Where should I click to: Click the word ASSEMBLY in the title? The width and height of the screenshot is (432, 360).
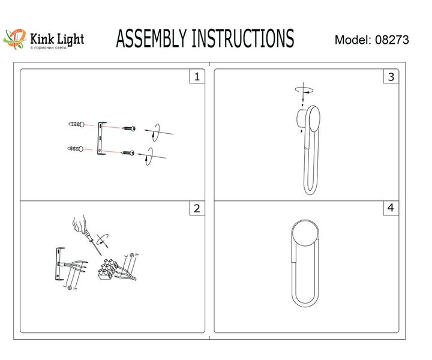pos(151,39)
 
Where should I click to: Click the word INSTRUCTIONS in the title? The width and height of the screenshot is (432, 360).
pos(242,39)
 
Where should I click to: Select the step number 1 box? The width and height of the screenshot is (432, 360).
pos(196,77)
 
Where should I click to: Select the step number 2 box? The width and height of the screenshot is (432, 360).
pos(196,209)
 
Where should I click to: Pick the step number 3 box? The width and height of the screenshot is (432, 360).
pos(391,77)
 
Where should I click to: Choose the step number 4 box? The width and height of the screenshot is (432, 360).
pos(391,209)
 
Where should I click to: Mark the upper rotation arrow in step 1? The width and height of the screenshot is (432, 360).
pos(154,132)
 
